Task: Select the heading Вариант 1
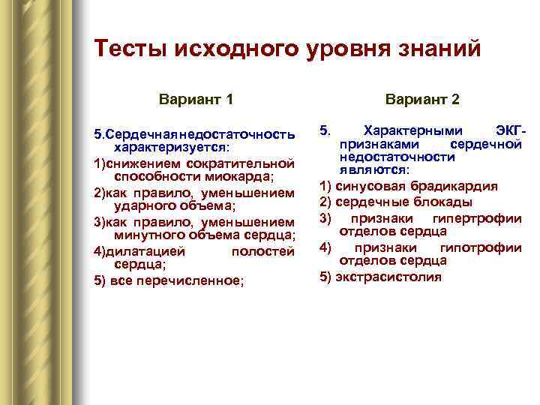(x=196, y=99)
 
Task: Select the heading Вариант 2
(x=422, y=99)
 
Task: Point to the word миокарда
(x=242, y=177)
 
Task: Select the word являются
(x=373, y=170)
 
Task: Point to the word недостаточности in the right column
(x=397, y=157)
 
